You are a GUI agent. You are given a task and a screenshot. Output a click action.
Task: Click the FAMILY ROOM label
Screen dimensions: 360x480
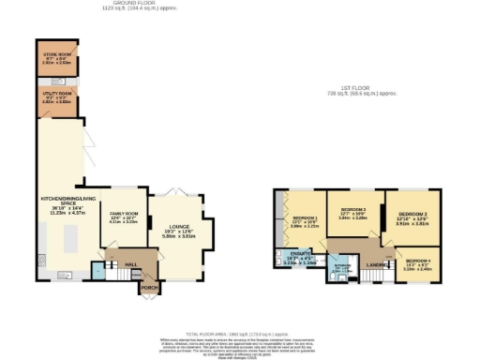pyautogui.click(x=124, y=213)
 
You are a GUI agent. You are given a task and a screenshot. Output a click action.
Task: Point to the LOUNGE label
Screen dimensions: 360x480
pyautogui.click(x=178, y=227)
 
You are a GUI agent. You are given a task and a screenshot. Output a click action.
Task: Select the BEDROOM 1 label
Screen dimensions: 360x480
pyautogui.click(x=304, y=217)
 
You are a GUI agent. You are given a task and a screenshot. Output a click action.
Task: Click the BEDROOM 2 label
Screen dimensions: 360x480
pyautogui.click(x=412, y=215)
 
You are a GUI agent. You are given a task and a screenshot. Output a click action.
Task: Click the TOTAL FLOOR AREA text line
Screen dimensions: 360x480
pyautogui.click(x=240, y=333)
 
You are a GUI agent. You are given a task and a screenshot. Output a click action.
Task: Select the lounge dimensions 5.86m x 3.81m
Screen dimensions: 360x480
pyautogui.click(x=178, y=237)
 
